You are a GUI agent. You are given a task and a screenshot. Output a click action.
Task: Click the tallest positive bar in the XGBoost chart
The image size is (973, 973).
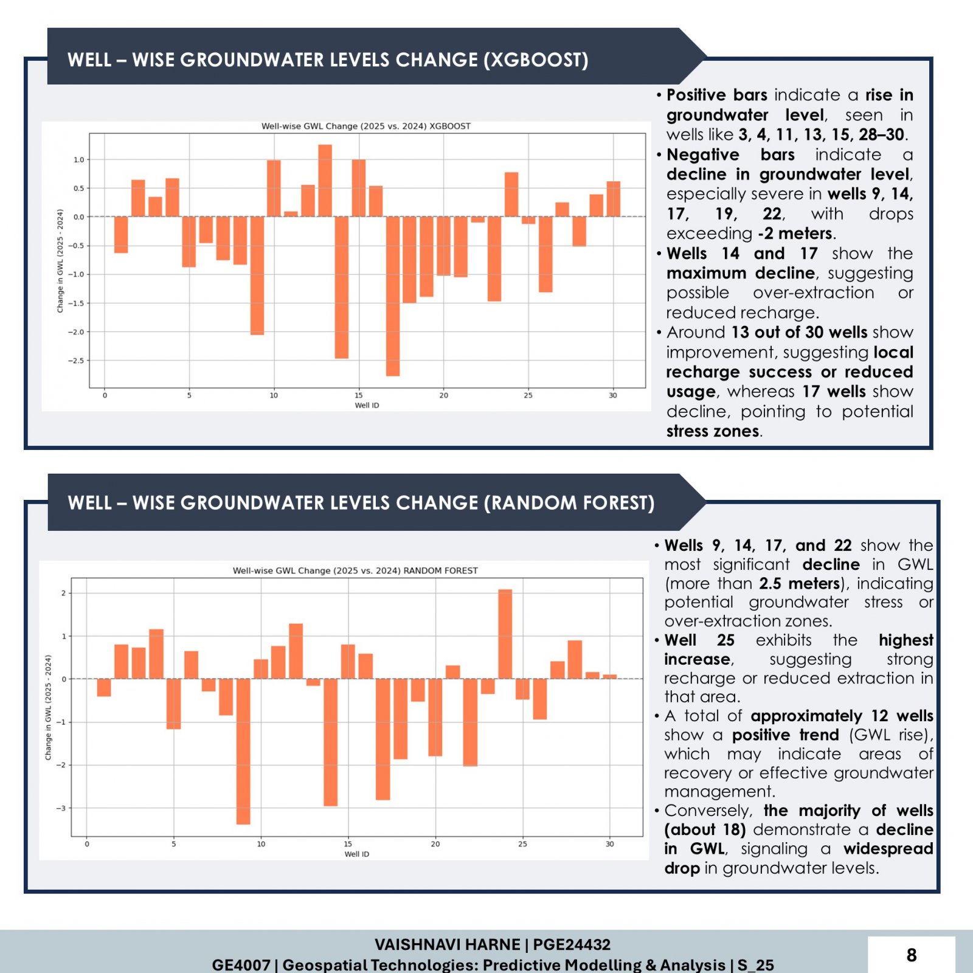[x=325, y=181]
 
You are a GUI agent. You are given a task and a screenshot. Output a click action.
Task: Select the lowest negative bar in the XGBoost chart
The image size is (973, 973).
[x=393, y=296]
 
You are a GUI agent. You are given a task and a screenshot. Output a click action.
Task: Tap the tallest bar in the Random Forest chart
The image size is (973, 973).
[x=505, y=634]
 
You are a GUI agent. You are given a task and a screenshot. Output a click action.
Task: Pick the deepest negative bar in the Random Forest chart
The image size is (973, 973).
[x=243, y=752]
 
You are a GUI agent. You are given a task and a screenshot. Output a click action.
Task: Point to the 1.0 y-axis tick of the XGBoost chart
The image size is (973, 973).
[x=78, y=160]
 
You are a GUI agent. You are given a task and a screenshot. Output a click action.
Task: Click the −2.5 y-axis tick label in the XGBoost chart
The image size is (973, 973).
[x=76, y=361]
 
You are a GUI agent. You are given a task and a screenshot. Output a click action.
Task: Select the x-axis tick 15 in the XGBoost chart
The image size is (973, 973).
[x=359, y=395]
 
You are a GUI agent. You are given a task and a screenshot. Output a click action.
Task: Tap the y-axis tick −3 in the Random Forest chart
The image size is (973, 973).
[x=61, y=808]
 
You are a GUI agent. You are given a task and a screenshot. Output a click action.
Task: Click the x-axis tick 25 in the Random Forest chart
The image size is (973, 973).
[x=522, y=844]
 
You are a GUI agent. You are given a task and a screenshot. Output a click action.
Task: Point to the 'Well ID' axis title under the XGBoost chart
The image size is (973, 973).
[x=367, y=406]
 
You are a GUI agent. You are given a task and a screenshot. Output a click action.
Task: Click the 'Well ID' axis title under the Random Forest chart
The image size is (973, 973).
[x=357, y=854]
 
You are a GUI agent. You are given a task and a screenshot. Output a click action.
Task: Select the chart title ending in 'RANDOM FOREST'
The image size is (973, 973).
[x=355, y=570]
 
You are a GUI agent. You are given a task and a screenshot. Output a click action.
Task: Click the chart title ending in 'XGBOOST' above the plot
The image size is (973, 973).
[x=366, y=126]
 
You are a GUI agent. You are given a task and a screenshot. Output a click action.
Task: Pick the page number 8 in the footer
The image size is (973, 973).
[x=912, y=955]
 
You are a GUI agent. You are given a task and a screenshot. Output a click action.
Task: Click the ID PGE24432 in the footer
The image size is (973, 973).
[x=572, y=944]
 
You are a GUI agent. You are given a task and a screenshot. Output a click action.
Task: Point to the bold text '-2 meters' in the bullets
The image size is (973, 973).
[x=795, y=234]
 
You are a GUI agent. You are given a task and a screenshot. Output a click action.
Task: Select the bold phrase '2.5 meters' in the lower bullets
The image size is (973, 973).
[x=800, y=583]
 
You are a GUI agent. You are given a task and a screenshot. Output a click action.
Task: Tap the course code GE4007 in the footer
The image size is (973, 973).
[x=241, y=965]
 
